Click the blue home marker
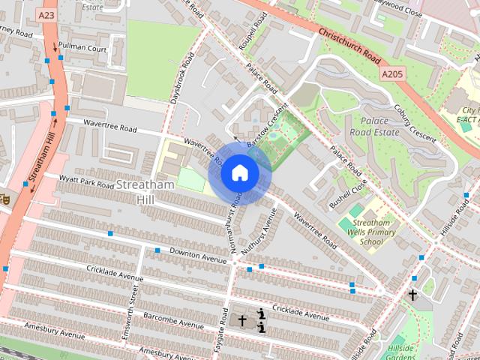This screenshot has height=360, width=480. pyautogui.click(x=239, y=173)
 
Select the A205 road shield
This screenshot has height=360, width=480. pyautogui.click(x=392, y=75)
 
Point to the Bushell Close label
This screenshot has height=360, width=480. pyautogui.click(x=348, y=194)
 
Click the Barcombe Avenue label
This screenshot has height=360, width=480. pyautogui.click(x=173, y=320)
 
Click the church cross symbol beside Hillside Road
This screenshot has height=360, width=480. pyautogui.click(x=412, y=295)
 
